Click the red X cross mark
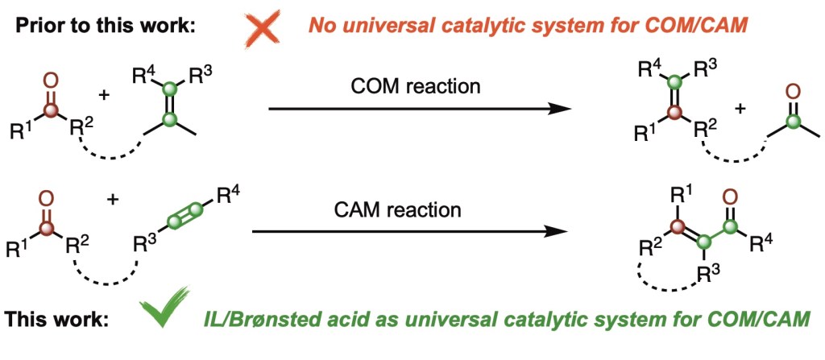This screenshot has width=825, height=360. click(263, 28)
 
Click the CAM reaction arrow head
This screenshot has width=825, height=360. click(557, 232)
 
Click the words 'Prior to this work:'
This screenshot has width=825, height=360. click(105, 26)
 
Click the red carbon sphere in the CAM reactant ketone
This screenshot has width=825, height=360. click(47, 229)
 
